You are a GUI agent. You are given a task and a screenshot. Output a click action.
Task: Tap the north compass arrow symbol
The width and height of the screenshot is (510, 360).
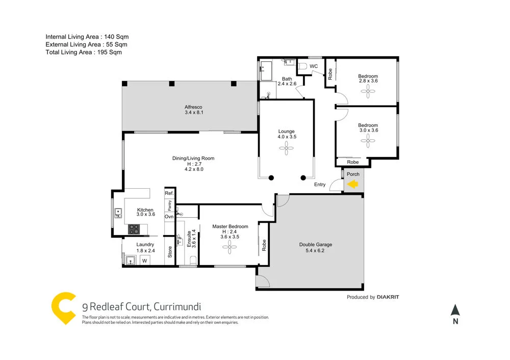pyautogui.click(x=455, y=311)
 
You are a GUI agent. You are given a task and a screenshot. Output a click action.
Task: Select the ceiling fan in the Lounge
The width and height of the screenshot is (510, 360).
pyautogui.click(x=286, y=148)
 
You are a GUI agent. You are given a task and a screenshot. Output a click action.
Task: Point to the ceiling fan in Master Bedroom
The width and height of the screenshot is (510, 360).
pyautogui.click(x=231, y=247)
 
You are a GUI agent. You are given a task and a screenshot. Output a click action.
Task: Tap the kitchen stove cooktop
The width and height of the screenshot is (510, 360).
pyautogui.click(x=134, y=230)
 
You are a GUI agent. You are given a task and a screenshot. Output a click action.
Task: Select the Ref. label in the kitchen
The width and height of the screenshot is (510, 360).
pyautogui.click(x=169, y=194)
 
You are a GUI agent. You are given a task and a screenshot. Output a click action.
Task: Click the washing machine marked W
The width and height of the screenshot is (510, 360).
pyautogui.click(x=144, y=261)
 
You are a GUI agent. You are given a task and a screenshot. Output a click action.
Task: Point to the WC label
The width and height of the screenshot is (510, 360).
pyautogui.click(x=314, y=66)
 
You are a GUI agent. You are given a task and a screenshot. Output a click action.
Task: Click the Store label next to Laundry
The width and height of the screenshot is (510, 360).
pyautogui.click(x=170, y=252)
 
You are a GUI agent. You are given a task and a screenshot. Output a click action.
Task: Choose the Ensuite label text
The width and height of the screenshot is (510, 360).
pyautogui.click(x=189, y=239)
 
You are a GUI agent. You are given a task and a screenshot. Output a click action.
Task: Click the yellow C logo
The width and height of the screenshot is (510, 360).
pyautogui.click(x=63, y=307)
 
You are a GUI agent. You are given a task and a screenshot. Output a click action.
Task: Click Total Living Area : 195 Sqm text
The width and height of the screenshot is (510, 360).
pyautogui.click(x=84, y=52)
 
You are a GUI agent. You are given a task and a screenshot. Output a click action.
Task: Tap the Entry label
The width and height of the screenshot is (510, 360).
pyautogui.click(x=320, y=185)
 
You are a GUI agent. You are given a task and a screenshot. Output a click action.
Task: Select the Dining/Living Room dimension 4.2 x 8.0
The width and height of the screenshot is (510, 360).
pyautogui.click(x=193, y=169)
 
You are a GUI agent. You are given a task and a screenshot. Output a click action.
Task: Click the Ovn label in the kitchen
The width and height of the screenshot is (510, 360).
pyautogui.click(x=169, y=217)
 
